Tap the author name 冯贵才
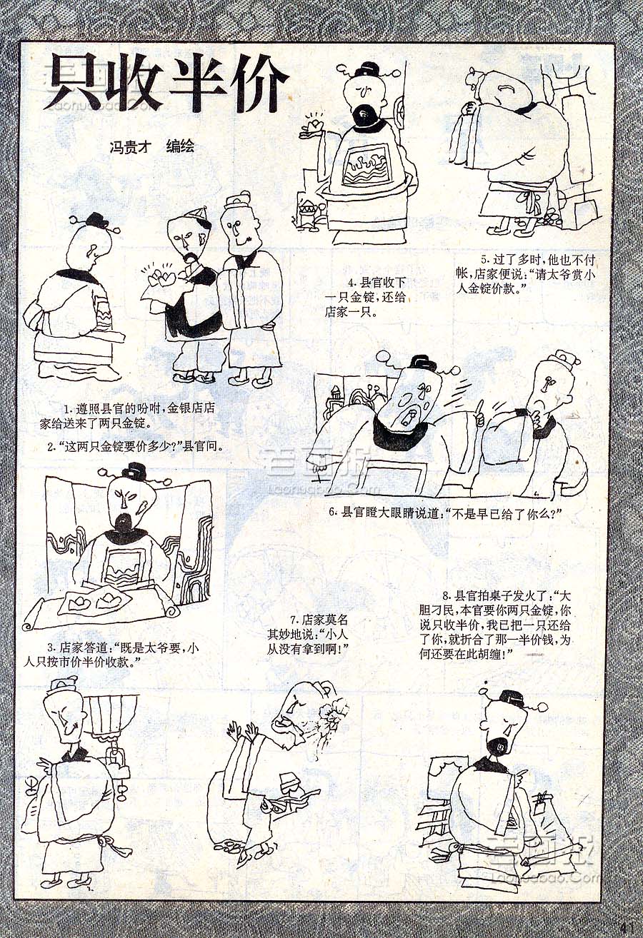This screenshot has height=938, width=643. (x=129, y=147)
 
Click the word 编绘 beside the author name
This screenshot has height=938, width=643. (x=180, y=146)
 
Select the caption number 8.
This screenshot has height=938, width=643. (x=446, y=595)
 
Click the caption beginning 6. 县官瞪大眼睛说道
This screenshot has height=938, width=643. (x=444, y=513)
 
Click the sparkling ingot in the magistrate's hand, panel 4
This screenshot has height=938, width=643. (x=314, y=124)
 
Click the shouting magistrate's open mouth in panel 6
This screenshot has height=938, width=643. (x=409, y=417)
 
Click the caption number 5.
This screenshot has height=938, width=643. (x=484, y=260)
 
